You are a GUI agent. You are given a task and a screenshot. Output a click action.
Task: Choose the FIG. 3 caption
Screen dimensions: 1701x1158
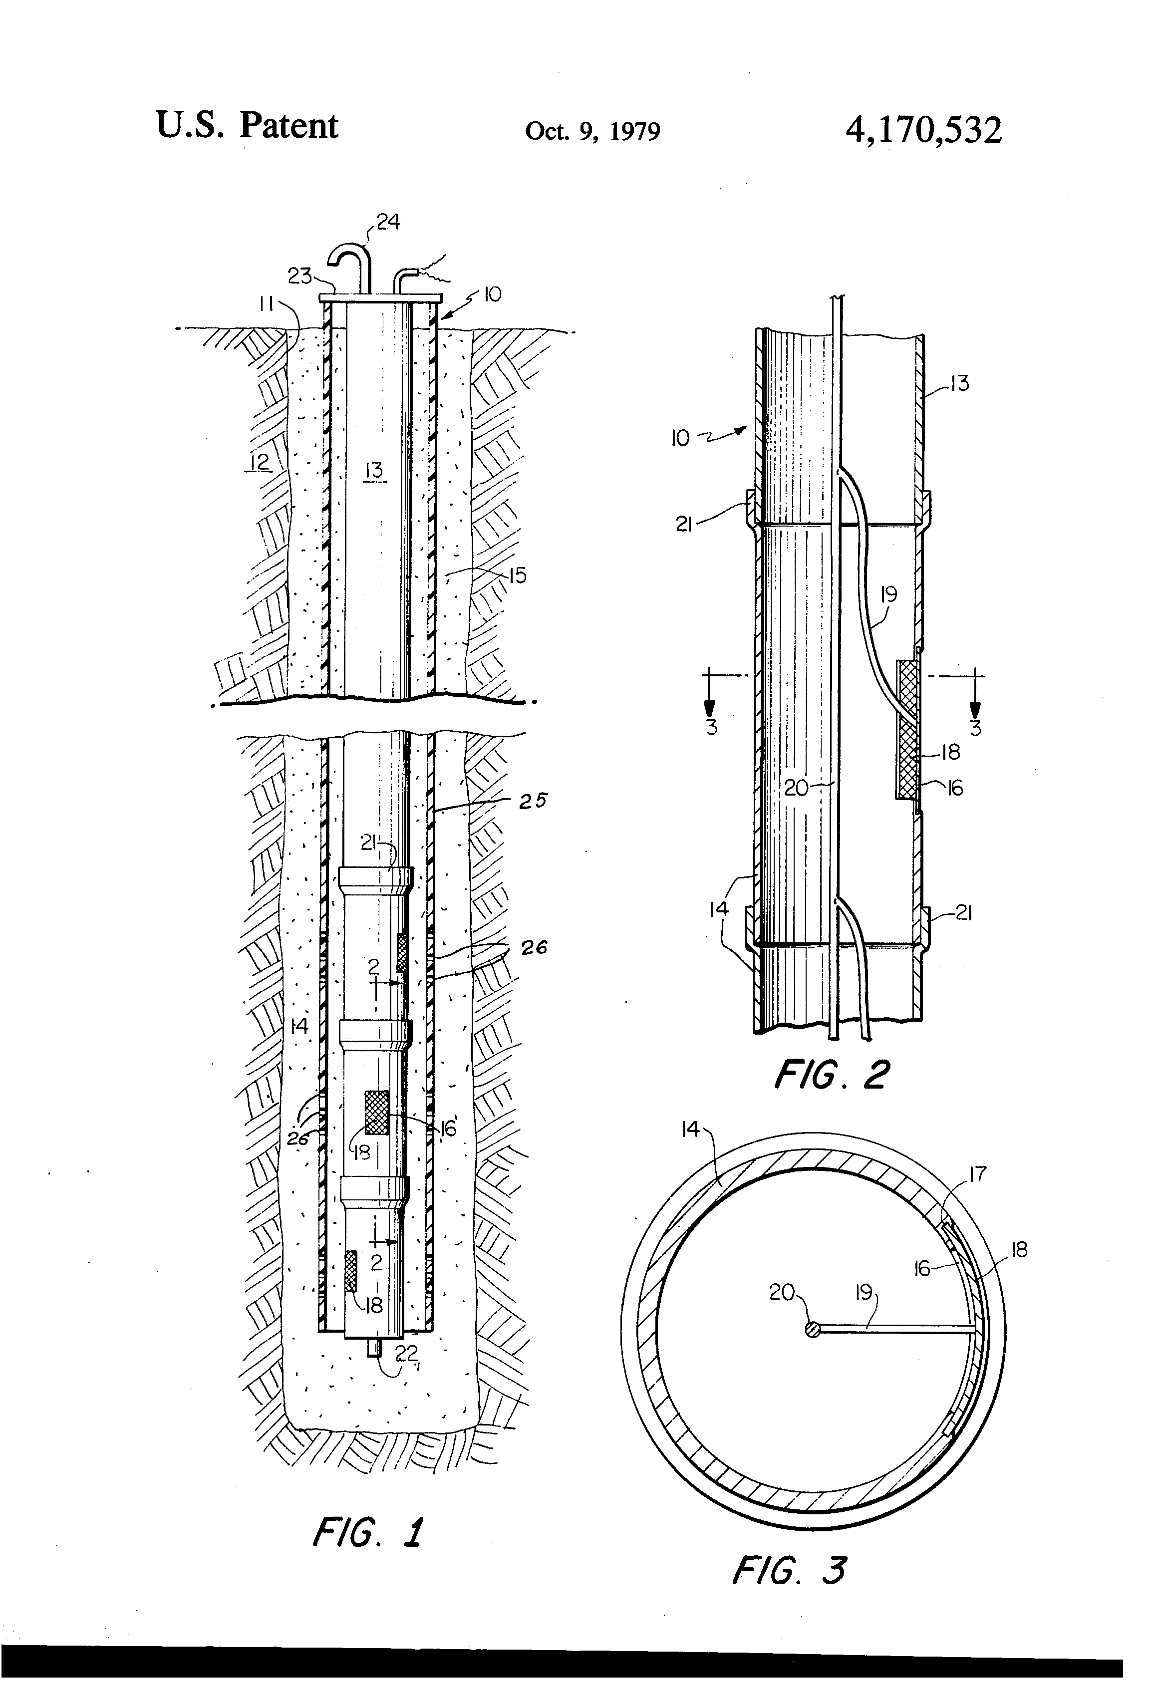pyautogui.click(x=789, y=1571)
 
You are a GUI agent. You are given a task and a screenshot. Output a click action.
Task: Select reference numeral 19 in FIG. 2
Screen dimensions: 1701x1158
pyautogui.click(x=888, y=594)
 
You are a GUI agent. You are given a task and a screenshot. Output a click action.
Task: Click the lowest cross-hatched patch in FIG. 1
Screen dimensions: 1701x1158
pyautogui.click(x=350, y=1271)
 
